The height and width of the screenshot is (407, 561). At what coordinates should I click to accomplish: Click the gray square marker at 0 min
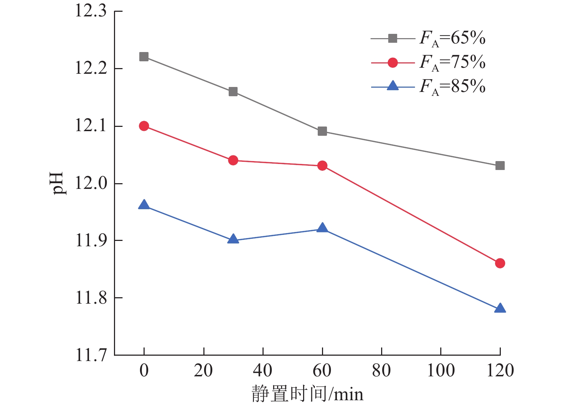(x=144, y=57)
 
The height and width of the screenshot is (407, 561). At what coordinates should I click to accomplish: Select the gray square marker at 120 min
(x=500, y=166)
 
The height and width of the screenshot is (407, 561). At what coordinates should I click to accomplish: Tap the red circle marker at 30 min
(x=233, y=160)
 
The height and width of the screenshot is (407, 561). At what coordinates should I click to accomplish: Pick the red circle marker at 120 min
(x=500, y=263)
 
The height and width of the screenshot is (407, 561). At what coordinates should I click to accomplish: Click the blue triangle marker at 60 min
(x=322, y=228)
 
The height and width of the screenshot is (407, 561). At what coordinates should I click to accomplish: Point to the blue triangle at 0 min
(x=144, y=205)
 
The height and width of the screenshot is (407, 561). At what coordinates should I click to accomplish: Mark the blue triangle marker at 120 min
(x=500, y=308)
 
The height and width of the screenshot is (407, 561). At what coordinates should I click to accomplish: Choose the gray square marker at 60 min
(x=322, y=132)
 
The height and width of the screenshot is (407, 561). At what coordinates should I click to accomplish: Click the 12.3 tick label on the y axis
(x=91, y=11)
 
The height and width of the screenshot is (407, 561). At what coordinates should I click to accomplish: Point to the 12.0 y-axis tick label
(x=91, y=183)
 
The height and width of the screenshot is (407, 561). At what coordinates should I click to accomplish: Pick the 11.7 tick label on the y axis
(x=91, y=355)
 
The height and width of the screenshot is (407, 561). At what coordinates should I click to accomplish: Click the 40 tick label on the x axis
(x=263, y=371)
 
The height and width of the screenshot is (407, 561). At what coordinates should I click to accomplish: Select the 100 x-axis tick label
(x=441, y=371)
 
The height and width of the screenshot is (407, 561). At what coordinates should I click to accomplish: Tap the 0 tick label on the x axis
(x=144, y=371)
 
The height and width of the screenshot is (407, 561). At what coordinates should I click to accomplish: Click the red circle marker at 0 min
(x=144, y=126)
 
